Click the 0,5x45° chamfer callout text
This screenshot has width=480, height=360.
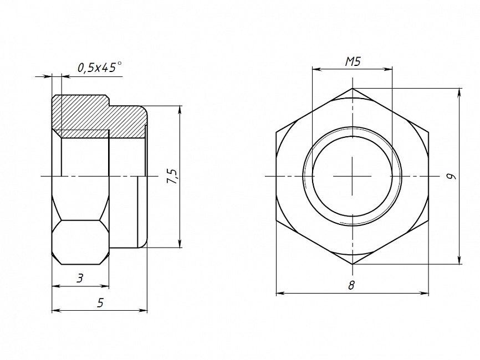coord(99,67)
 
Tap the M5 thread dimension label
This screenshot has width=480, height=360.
coord(353,62)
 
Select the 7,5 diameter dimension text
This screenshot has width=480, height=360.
coord(172,176)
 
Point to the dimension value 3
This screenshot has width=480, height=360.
coord(80,279)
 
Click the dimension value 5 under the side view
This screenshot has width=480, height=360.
coord(100,303)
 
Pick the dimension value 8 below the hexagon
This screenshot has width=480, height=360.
coord(351,285)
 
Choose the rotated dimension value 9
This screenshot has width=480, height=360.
coord(451,176)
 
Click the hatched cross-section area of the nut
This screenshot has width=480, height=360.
coord(98,118)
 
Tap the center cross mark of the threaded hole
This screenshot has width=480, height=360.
coord(353,176)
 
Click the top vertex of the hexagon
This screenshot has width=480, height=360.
coord(353,89)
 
